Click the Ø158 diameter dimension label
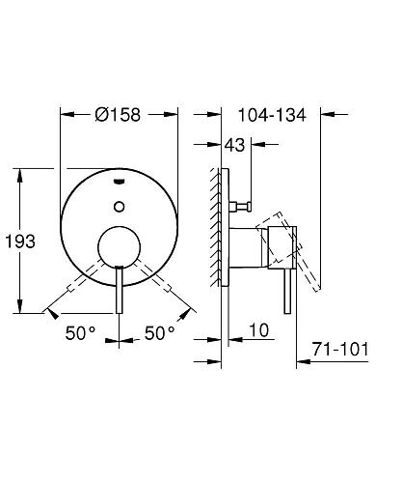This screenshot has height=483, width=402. [x=118, y=115]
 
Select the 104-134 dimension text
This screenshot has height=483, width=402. [x=272, y=115]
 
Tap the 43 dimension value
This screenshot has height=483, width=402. [x=234, y=145]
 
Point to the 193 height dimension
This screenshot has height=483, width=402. [x=20, y=241]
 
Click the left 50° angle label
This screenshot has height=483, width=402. [x=80, y=333]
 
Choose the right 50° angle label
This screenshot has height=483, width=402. [x=159, y=333]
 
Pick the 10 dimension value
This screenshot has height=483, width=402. [x=258, y=330]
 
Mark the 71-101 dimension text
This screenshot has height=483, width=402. [x=340, y=349]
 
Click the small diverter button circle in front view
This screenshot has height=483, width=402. [x=120, y=207]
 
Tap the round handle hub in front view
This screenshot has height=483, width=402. [x=120, y=247]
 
